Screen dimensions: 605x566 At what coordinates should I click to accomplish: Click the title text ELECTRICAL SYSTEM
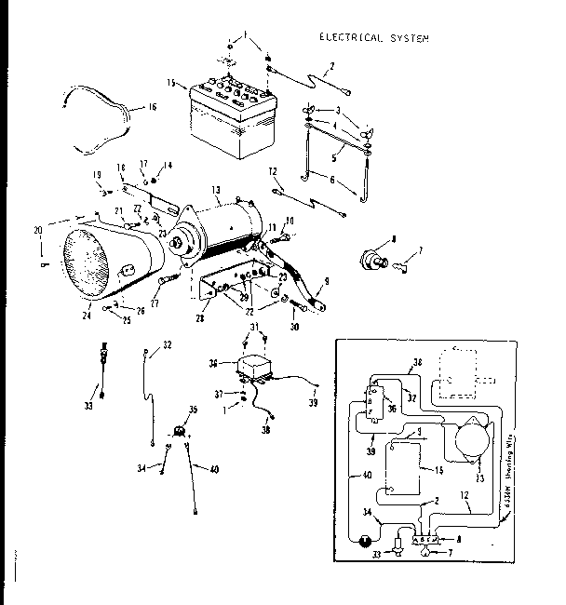[x=374, y=38]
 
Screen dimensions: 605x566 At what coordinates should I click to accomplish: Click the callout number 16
[x=152, y=107]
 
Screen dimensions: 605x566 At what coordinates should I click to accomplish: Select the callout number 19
[x=96, y=175]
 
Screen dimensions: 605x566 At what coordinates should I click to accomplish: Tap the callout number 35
[x=194, y=409]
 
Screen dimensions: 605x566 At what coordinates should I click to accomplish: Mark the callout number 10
[x=290, y=221]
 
